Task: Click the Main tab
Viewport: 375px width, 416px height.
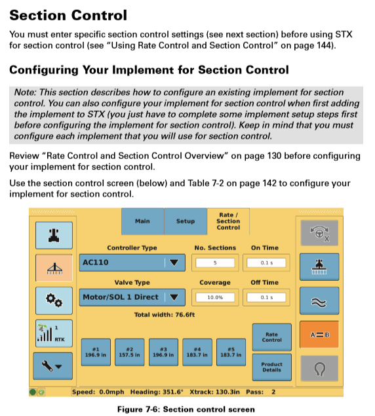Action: [x=142, y=221]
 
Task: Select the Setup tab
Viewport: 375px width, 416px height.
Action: [x=186, y=221]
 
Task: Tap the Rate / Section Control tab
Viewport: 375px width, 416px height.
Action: [x=228, y=221]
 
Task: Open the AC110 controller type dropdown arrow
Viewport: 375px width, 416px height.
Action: [x=174, y=263]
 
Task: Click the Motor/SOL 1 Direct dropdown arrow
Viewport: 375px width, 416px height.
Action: [x=174, y=297]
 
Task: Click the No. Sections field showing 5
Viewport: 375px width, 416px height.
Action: [x=215, y=263]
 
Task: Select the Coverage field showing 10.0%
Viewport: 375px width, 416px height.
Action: [x=215, y=297]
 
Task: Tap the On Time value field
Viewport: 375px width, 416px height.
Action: [x=266, y=263]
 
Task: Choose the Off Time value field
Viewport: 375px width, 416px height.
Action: [x=266, y=297]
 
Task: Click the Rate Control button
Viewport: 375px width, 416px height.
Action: [x=271, y=337]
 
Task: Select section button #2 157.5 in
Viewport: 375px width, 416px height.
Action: [x=130, y=352]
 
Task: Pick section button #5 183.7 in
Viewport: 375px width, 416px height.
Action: [x=231, y=352]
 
